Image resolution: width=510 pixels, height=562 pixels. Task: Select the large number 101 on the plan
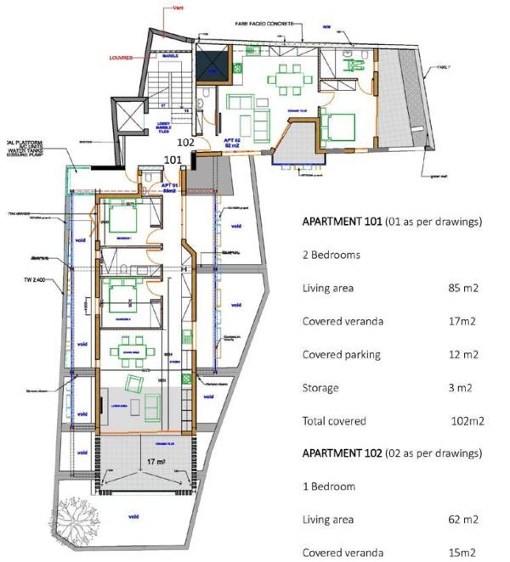(x=172, y=159)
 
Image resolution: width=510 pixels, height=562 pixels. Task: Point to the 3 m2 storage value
(x=461, y=387)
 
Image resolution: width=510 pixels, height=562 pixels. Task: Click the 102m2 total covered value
(x=467, y=420)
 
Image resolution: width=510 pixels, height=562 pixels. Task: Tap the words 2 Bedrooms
(x=332, y=255)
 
